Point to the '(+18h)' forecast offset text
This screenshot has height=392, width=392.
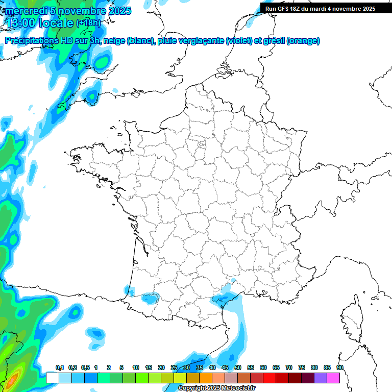[x=88, y=23]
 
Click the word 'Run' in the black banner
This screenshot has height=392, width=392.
[x=271, y=9]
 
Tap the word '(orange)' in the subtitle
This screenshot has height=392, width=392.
[x=304, y=41]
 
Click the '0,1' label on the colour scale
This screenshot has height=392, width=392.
[x=60, y=367]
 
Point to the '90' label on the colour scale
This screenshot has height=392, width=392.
[x=339, y=367]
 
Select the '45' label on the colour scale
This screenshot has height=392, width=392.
[x=225, y=367]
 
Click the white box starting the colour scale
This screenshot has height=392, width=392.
[x=53, y=378]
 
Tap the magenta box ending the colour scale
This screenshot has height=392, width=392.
[x=333, y=378]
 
